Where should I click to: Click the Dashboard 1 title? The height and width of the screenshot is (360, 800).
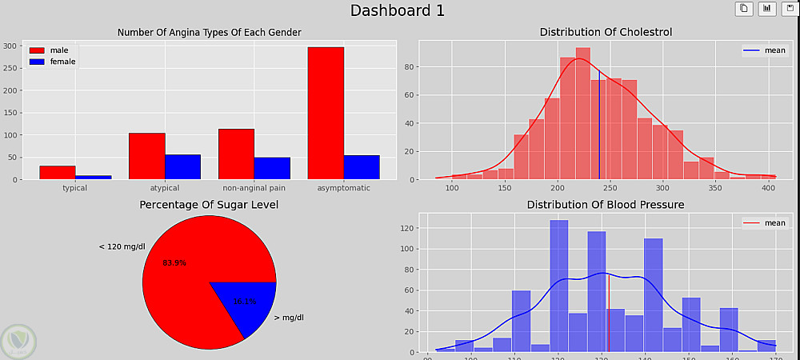coord(398,10)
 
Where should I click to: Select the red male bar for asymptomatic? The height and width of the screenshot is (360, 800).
coord(326,113)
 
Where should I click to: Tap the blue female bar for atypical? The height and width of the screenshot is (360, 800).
coord(182,167)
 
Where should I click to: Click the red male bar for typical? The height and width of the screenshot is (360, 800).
coord(57,173)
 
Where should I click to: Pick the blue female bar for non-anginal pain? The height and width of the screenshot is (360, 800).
coord(272,168)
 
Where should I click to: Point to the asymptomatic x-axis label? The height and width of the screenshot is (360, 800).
coord(343,188)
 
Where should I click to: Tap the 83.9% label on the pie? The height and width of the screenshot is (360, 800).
coord(174,262)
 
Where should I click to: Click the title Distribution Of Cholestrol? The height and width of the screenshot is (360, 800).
coord(606,32)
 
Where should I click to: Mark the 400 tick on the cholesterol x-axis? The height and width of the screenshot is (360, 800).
coord(767,188)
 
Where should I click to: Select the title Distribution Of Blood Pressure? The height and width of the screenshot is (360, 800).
coord(605,205)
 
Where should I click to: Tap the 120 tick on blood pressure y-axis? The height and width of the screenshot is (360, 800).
coord(408,228)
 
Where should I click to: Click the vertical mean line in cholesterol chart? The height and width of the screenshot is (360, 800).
coord(599,128)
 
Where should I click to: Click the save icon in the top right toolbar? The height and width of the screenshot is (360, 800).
coord(787,9)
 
